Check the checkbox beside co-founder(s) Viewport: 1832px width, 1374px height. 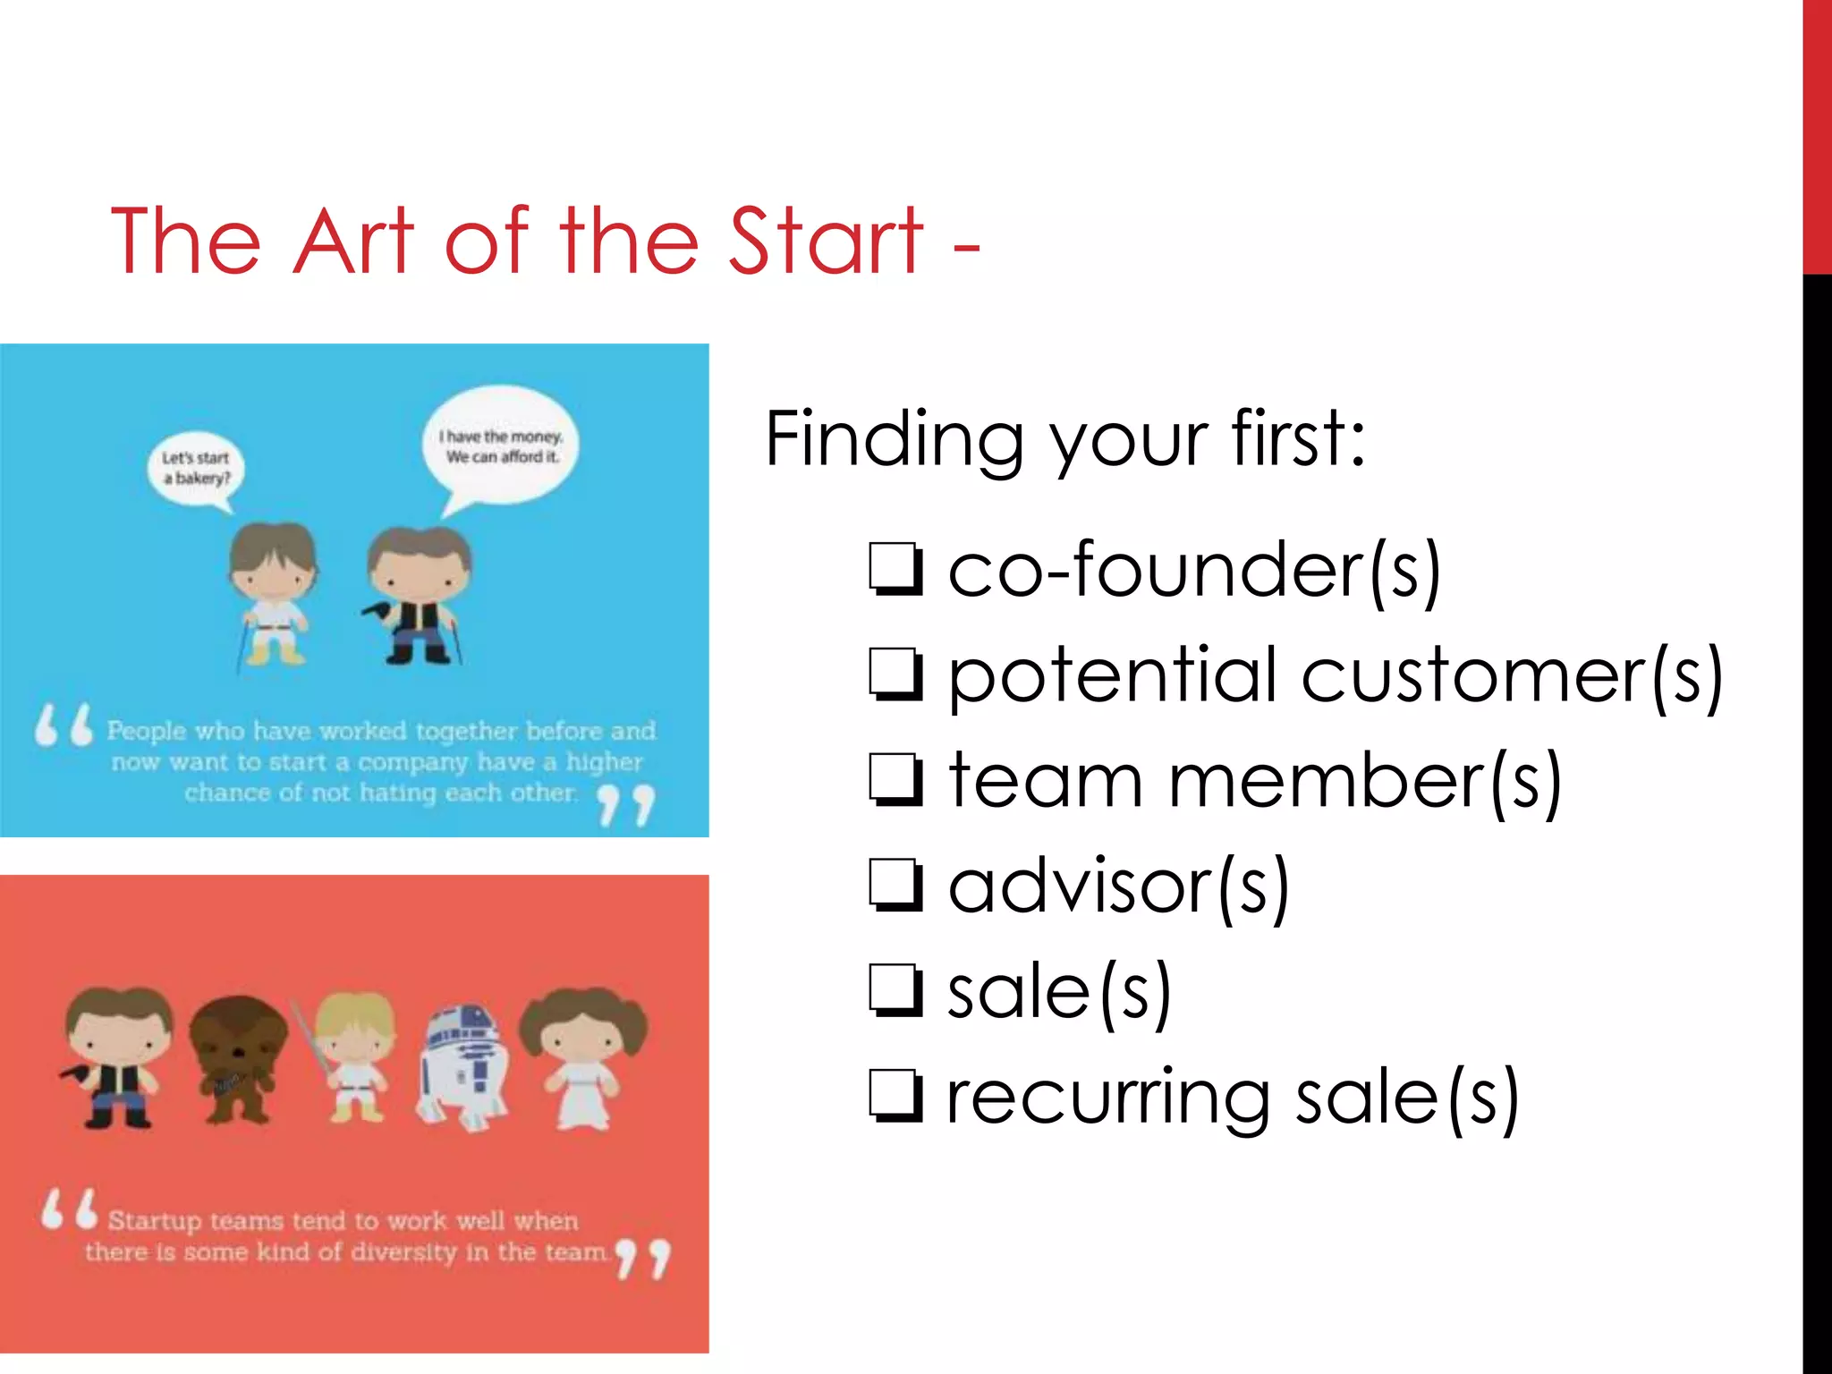(895, 569)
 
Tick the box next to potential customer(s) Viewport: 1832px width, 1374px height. (895, 674)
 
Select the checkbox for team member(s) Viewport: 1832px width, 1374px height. (895, 780)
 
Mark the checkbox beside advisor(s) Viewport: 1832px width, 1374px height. (895, 886)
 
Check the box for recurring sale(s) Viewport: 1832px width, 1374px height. (895, 1097)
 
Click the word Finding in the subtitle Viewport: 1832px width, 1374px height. (894, 440)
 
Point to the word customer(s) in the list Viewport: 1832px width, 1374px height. (1512, 676)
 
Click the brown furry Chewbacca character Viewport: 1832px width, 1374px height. (237, 1060)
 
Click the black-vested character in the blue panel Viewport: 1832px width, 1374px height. (417, 595)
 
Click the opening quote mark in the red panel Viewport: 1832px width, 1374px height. (69, 1209)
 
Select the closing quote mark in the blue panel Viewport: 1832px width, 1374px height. (626, 805)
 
